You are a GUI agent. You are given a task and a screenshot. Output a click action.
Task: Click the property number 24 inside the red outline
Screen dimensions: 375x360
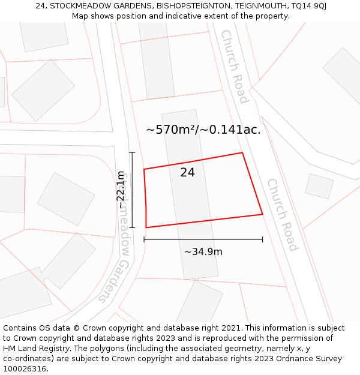coord(187,173)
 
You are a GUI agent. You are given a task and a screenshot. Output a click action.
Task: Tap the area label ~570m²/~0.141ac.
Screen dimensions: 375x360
coord(203,130)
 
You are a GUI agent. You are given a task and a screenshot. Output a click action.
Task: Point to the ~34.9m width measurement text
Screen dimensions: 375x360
coord(203,252)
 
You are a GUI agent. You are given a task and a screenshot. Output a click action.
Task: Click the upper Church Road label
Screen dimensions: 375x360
coord(235,66)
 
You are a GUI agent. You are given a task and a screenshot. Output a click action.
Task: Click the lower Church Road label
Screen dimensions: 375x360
coord(282,214)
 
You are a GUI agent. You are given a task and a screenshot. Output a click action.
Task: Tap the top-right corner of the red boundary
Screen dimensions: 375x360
coord(242,152)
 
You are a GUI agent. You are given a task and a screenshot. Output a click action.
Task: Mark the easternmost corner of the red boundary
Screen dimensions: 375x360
coord(262,214)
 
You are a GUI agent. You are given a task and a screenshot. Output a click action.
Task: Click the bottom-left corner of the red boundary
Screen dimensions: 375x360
coord(146,227)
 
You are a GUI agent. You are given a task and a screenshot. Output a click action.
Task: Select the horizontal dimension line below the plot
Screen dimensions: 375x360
coord(203,239)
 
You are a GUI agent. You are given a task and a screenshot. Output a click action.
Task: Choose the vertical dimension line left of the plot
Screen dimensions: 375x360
coord(133,190)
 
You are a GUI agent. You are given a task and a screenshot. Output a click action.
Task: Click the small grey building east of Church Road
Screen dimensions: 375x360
coord(319,187)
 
